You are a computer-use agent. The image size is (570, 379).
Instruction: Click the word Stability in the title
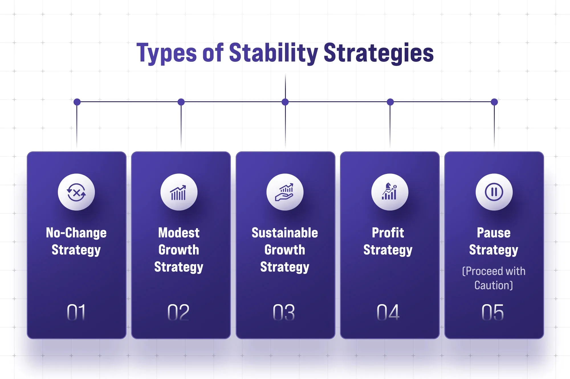pyautogui.click(x=274, y=53)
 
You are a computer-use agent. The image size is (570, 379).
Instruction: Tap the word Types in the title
pyautogui.click(x=166, y=53)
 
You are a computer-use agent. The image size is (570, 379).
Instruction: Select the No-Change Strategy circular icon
pyautogui.click(x=76, y=192)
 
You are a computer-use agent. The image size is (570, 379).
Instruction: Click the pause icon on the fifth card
pyautogui.click(x=494, y=192)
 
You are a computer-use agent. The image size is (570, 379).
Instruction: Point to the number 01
pyautogui.click(x=76, y=312)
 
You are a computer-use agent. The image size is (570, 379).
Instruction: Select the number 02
pyautogui.click(x=178, y=312)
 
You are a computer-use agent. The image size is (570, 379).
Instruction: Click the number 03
pyautogui.click(x=284, y=312)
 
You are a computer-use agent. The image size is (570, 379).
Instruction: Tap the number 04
pyautogui.click(x=388, y=312)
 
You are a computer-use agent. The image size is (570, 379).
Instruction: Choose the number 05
pyautogui.click(x=493, y=312)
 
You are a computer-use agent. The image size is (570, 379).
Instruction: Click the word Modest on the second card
pyautogui.click(x=179, y=233)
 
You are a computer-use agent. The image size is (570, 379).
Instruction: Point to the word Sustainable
pyautogui.click(x=285, y=233)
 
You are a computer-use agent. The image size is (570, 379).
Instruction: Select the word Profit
pyautogui.click(x=388, y=233)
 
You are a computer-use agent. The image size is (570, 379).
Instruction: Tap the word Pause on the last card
pyautogui.click(x=494, y=233)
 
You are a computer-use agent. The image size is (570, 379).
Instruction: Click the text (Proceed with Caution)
pyautogui.click(x=494, y=278)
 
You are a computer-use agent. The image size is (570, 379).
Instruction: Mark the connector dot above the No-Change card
pyautogui.click(x=77, y=102)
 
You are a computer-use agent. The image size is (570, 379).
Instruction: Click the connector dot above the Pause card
pyautogui.click(x=494, y=102)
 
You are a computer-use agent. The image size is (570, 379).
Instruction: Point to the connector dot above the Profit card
pyautogui.click(x=390, y=102)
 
